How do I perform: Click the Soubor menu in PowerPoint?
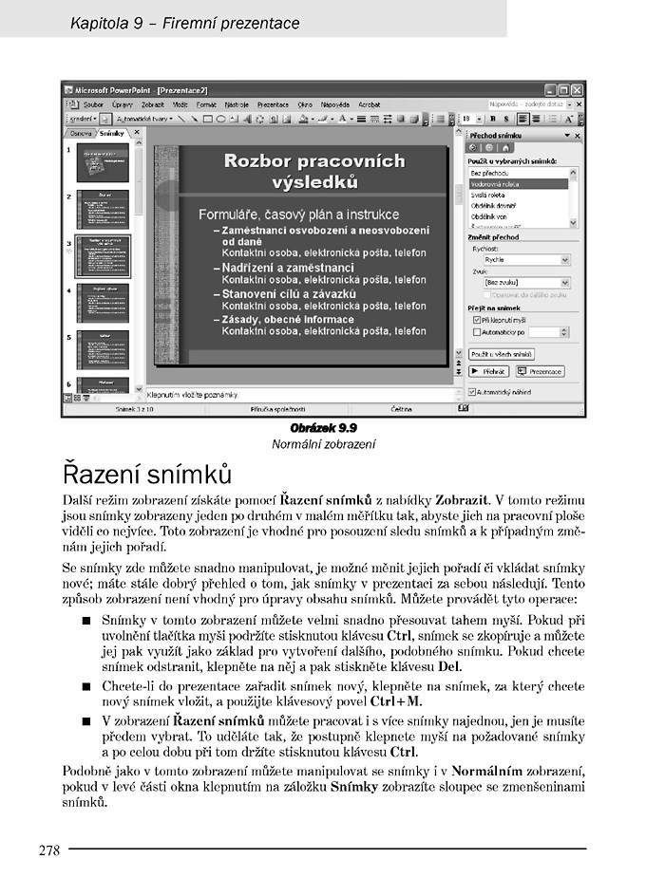click(x=93, y=104)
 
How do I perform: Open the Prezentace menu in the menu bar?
click(x=273, y=104)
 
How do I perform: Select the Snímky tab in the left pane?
click(x=112, y=134)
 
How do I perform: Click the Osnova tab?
click(x=82, y=134)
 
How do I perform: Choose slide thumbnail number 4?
click(x=102, y=303)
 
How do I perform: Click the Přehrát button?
click(x=488, y=371)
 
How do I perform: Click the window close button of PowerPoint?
click(x=577, y=89)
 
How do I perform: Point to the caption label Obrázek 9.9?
click(x=323, y=429)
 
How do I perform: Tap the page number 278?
click(x=49, y=850)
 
